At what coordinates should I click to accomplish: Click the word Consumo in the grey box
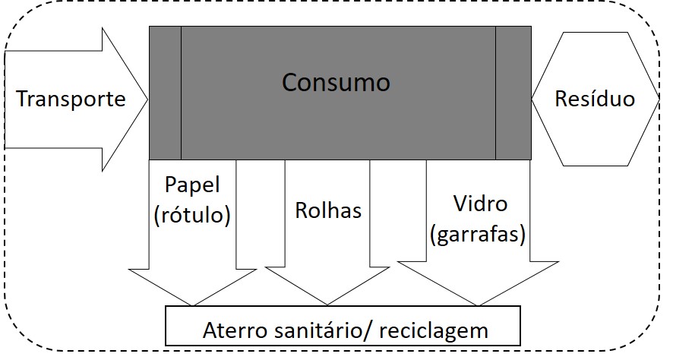[x=336, y=81]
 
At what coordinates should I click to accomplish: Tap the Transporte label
[x=71, y=99]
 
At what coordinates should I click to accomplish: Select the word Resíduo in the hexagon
[x=595, y=99]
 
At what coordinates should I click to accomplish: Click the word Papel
[x=191, y=184]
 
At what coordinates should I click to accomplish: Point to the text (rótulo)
[x=191, y=215]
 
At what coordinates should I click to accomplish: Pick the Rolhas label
[x=328, y=210]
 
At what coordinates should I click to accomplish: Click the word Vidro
[x=479, y=204]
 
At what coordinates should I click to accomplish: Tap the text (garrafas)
[x=478, y=235]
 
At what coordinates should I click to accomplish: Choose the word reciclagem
[x=434, y=331]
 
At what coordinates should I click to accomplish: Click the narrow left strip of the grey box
[x=165, y=92]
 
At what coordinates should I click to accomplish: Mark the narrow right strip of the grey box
[x=513, y=92]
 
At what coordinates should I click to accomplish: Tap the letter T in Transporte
[x=22, y=99]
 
